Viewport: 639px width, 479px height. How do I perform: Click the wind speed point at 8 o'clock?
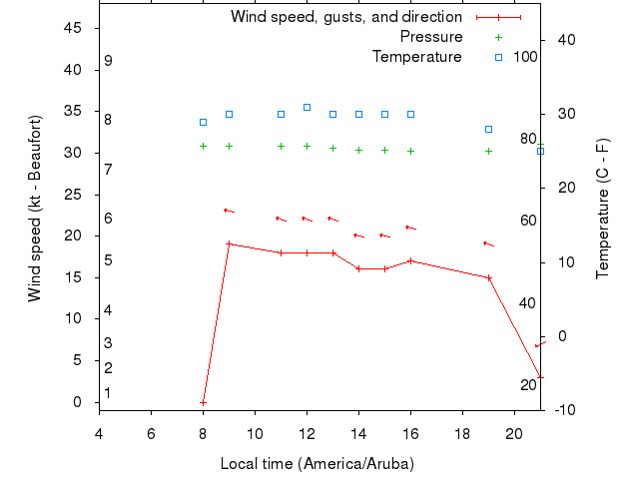(x=203, y=402)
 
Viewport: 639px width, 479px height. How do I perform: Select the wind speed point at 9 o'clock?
(x=229, y=243)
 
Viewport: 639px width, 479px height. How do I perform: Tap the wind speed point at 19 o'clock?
(x=488, y=277)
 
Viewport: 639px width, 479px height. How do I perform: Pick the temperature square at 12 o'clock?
(x=307, y=107)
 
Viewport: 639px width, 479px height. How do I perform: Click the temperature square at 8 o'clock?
(x=203, y=122)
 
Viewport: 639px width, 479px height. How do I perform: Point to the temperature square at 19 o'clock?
(x=488, y=129)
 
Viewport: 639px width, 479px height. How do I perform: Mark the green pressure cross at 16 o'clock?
(x=410, y=151)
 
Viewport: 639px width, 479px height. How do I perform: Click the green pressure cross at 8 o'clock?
(x=203, y=146)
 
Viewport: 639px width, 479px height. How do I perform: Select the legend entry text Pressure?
(x=430, y=37)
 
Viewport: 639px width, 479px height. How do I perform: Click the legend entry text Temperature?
(x=416, y=57)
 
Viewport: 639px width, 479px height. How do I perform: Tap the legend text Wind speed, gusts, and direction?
(x=345, y=17)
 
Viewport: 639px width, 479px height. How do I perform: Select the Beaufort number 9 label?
(x=108, y=61)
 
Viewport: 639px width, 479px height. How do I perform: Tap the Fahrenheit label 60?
(x=528, y=222)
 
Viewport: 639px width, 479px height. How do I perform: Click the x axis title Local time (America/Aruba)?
(x=317, y=464)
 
